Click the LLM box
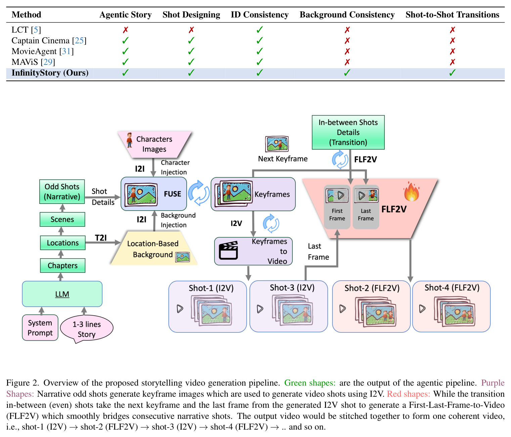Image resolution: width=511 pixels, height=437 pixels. (62, 294)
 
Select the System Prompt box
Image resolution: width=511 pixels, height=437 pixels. (40, 327)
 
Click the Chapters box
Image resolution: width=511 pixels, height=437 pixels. (62, 265)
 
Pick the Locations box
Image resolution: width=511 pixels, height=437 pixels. (62, 243)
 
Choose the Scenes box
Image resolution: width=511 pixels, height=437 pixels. (62, 219)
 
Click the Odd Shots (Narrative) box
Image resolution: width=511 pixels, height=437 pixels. (62, 191)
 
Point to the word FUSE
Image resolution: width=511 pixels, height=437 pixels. (172, 194)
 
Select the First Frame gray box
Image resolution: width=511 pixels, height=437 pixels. (337, 207)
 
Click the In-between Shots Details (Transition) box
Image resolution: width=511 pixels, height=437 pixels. (348, 132)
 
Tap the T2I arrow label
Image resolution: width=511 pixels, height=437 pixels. (101, 238)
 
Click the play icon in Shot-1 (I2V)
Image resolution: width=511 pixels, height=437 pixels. (180, 309)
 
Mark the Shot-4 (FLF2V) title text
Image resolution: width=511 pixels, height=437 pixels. (452, 288)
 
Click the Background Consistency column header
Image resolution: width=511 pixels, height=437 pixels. (347, 14)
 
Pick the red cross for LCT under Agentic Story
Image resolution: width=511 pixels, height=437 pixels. (126, 30)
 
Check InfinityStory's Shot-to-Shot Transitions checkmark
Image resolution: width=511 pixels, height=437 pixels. (452, 73)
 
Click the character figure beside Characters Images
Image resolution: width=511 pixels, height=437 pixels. (129, 140)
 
